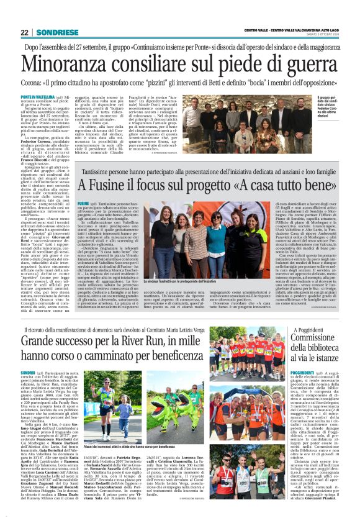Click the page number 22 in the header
pos(24,32)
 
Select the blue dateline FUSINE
pos(83,203)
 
